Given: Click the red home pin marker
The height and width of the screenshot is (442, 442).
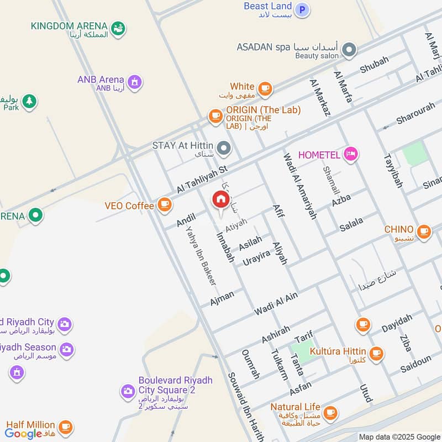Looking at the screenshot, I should click(220, 199).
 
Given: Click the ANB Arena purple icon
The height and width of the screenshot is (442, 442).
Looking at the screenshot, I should click(134, 83).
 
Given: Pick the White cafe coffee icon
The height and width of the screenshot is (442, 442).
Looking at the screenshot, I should click(265, 88).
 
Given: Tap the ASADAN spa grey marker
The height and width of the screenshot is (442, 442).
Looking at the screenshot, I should click(349, 51).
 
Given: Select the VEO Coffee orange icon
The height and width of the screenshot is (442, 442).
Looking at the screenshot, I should click(164, 206).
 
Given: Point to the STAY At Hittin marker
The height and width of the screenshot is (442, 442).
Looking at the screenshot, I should click(224, 148).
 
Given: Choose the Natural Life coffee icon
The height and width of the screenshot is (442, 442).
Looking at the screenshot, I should click(330, 412).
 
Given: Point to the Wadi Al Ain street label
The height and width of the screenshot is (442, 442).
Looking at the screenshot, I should click(276, 304).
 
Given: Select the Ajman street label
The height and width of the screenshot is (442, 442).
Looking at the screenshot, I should click(222, 298).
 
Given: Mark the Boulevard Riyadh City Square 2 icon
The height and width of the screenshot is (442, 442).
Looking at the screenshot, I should click(128, 392).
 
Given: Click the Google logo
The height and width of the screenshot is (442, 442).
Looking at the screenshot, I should click(24, 434).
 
